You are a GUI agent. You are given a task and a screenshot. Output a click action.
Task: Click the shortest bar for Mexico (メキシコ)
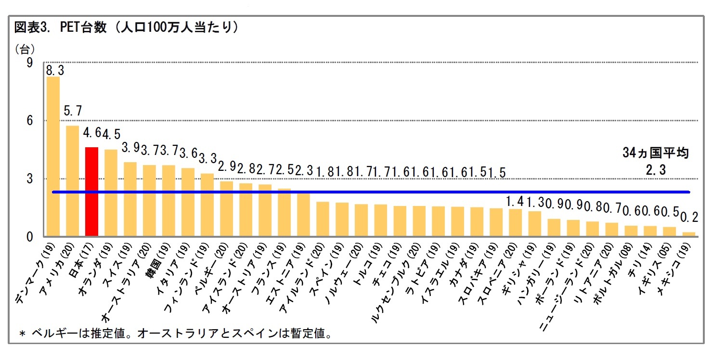(x=689, y=234)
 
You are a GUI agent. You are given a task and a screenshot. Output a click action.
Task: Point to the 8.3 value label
(x=55, y=70)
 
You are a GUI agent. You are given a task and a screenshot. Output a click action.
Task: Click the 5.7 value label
(x=73, y=111)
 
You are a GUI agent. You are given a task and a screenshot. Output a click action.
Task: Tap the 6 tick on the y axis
(x=29, y=120)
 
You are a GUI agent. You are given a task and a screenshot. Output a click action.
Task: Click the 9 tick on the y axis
(x=29, y=63)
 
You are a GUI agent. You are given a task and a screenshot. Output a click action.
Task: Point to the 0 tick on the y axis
(x=29, y=237)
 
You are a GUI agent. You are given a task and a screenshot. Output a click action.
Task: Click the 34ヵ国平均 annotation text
(x=655, y=154)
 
